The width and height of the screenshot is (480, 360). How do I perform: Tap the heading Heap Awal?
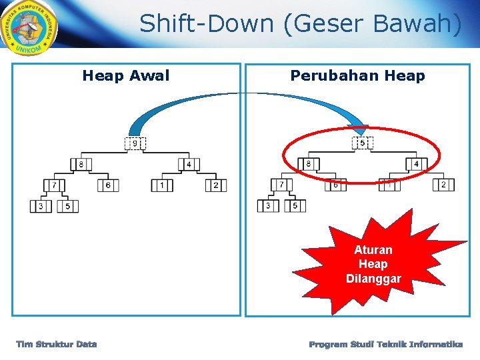coord(126,76)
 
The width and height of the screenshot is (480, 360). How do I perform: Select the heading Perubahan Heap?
coord(357,76)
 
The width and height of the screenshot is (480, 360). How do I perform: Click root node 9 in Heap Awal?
coord(135,143)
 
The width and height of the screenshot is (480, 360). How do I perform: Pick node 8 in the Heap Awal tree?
coord(81,164)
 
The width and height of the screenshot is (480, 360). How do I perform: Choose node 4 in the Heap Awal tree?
coord(189,164)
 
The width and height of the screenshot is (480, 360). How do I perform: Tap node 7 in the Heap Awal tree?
coord(54,185)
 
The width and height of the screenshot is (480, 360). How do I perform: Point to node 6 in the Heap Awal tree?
coord(108,185)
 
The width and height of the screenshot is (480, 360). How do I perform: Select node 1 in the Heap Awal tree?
coord(162,185)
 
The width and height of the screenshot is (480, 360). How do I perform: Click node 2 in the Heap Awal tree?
coord(215,185)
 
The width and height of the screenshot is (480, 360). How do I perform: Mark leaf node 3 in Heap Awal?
coord(41,207)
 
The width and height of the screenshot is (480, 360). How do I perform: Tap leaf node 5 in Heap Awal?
coord(67,207)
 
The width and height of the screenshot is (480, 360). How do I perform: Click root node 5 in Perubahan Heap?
coord(362,143)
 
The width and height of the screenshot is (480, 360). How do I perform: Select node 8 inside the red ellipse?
coord(309,164)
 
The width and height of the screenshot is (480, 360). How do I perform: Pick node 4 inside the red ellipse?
coord(416,164)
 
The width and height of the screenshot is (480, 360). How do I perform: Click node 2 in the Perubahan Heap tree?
coord(443,185)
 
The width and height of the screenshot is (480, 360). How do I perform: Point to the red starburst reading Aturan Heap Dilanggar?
coord(374,264)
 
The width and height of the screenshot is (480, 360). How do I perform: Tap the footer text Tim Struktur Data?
coord(57,344)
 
